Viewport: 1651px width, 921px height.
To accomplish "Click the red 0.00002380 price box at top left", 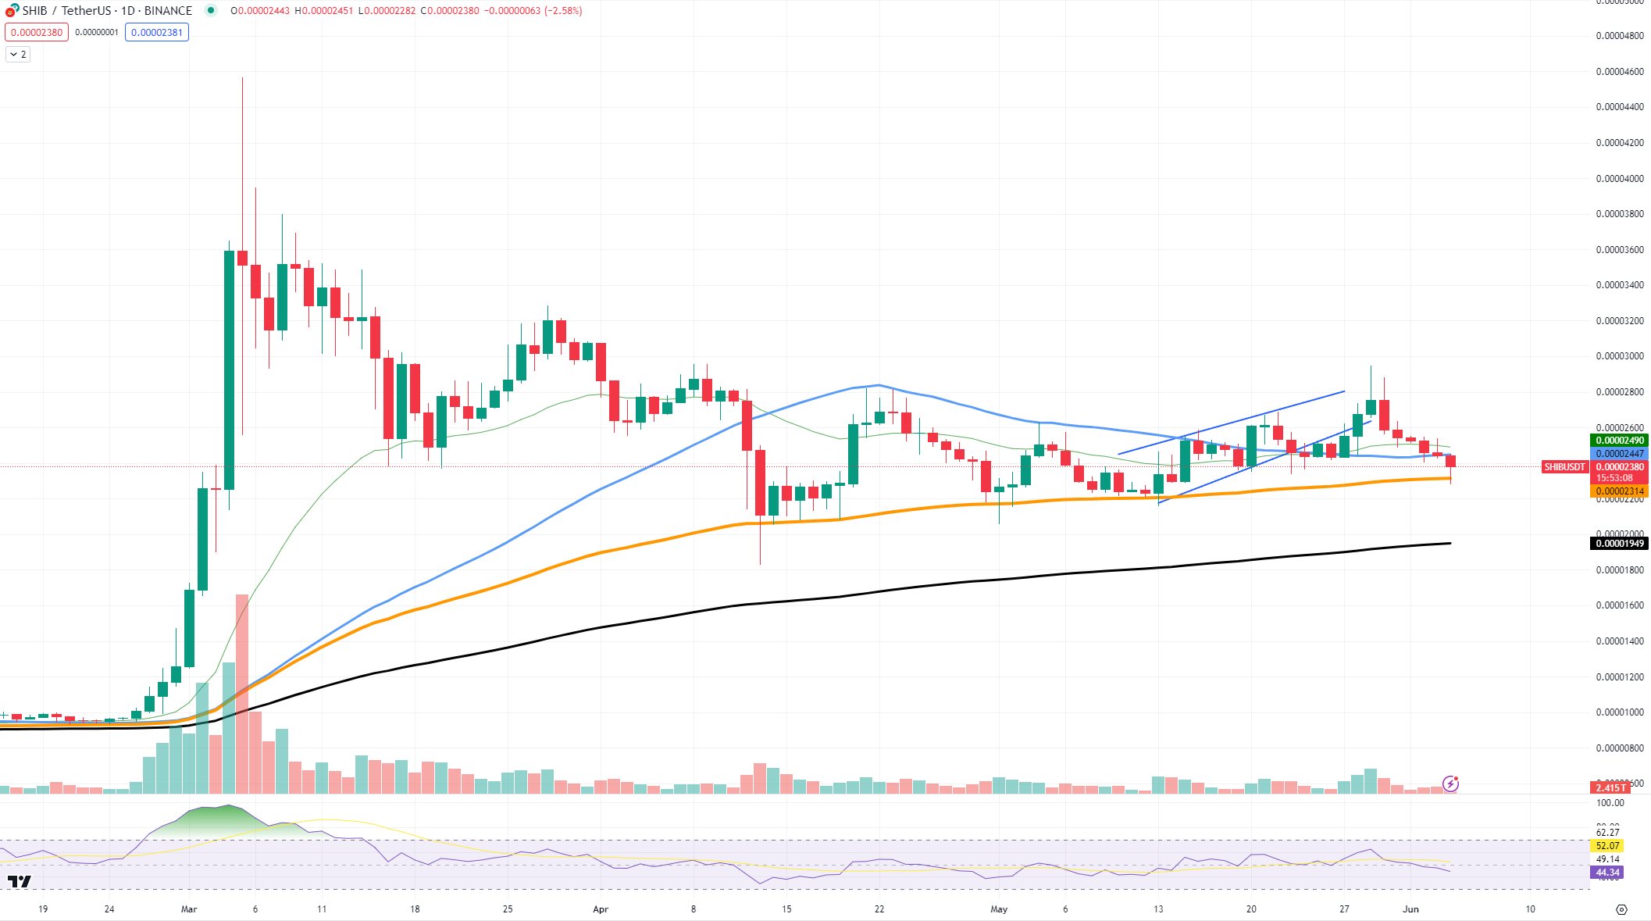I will click(37, 33).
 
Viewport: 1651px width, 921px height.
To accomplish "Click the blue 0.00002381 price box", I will click(157, 33).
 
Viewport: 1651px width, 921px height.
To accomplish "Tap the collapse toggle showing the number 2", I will click(18, 55).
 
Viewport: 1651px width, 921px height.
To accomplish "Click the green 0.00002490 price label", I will click(1619, 441).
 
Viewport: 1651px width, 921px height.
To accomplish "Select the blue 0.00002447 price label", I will click(1619, 454).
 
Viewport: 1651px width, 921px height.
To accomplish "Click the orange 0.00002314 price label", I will click(1619, 491).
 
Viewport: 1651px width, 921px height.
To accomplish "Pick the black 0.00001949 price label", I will click(1619, 544).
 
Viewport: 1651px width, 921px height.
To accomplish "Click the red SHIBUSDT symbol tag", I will click(1564, 467).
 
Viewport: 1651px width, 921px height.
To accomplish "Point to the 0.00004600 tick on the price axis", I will click(1619, 72).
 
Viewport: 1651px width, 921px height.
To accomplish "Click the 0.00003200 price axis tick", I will click(1619, 321).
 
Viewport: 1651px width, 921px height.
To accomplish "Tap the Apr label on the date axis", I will click(601, 909).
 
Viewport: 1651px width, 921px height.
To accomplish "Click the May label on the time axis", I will click(999, 909).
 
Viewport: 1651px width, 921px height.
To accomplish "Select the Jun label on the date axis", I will click(1410, 909).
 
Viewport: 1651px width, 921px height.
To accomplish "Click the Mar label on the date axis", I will click(189, 909).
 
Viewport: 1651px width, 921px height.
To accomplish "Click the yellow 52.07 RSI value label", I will click(1607, 846).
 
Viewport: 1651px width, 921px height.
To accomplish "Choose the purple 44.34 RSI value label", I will click(1607, 873).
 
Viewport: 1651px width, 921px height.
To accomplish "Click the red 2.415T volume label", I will click(1610, 787).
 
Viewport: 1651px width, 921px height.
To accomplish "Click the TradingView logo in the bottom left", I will click(20, 882).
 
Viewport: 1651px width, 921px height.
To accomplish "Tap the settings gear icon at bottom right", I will click(1621, 909).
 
